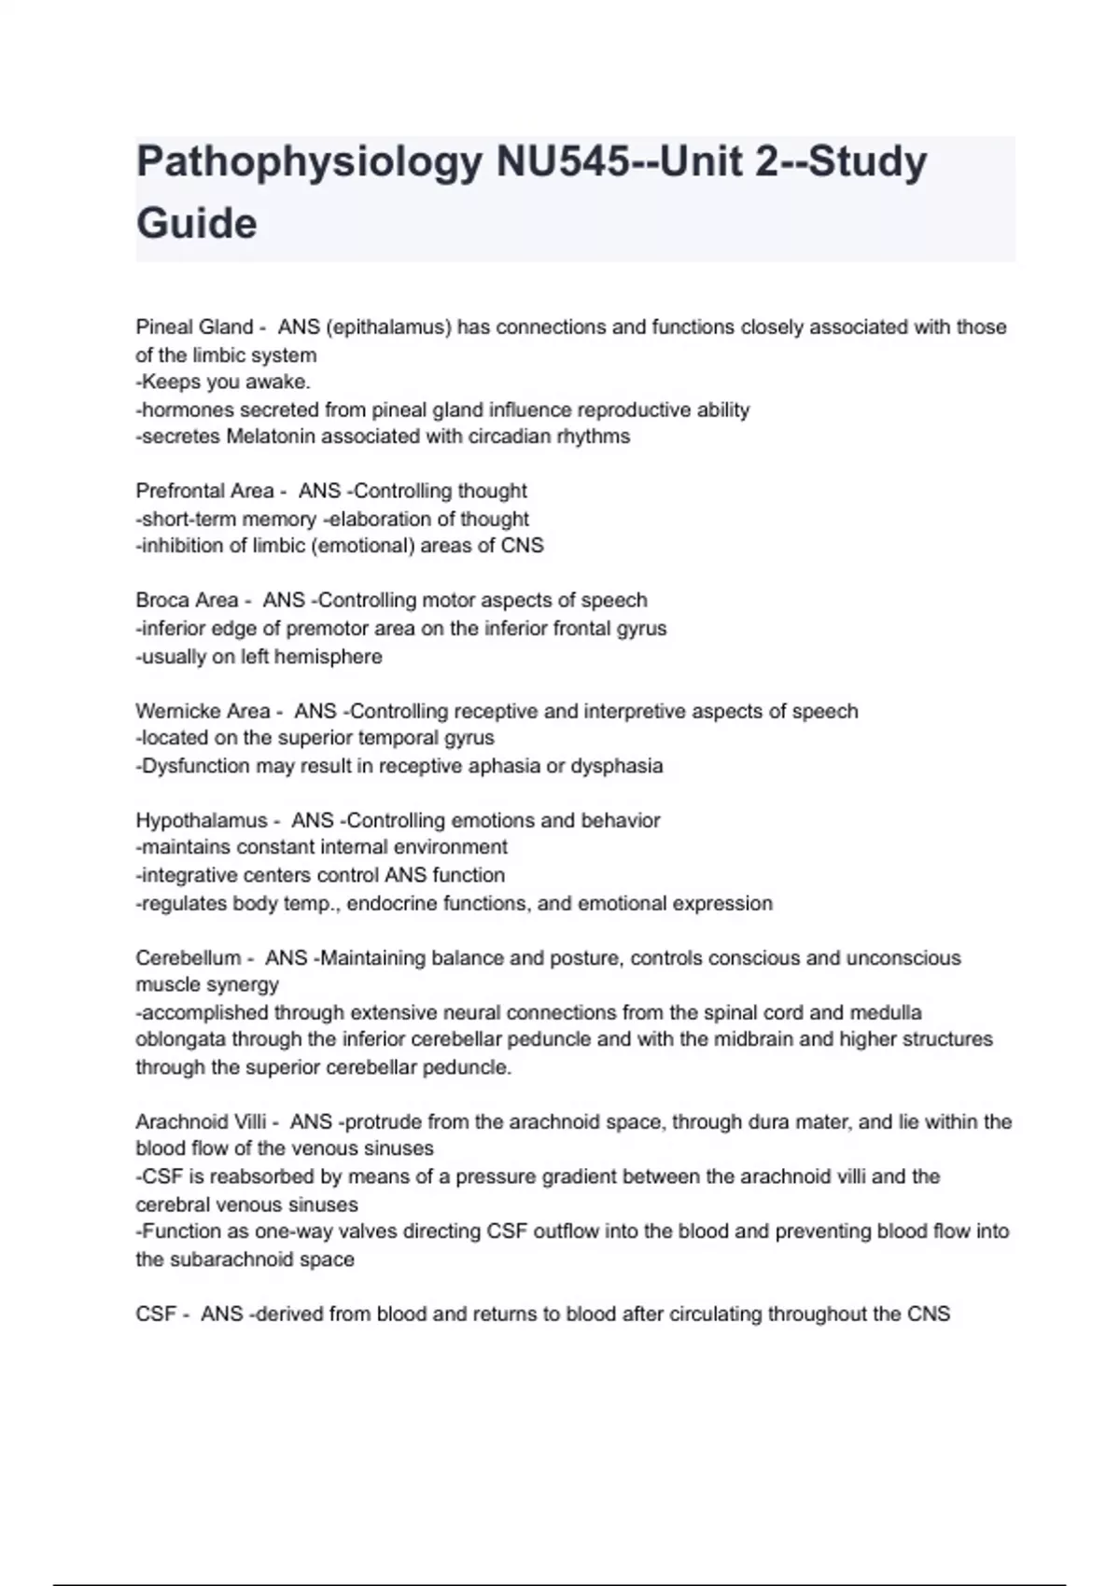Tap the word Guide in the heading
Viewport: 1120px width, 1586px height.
(196, 224)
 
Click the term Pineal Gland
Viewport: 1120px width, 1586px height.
(194, 327)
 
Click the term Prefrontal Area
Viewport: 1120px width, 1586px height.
(204, 492)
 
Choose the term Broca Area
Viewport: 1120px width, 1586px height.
(187, 601)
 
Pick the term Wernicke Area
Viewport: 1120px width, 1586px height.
(203, 712)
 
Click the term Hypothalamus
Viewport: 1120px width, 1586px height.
(202, 821)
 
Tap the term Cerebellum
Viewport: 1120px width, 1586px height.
(188, 958)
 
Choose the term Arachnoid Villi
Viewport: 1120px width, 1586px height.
(201, 1122)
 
